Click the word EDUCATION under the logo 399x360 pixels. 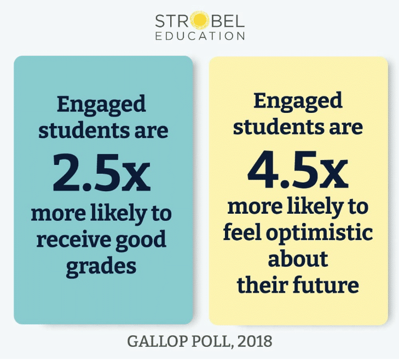point(200,36)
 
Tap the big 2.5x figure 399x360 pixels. point(102,173)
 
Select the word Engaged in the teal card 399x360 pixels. point(101,104)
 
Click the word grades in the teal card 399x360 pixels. point(101,266)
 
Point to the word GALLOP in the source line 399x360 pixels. point(154,341)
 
